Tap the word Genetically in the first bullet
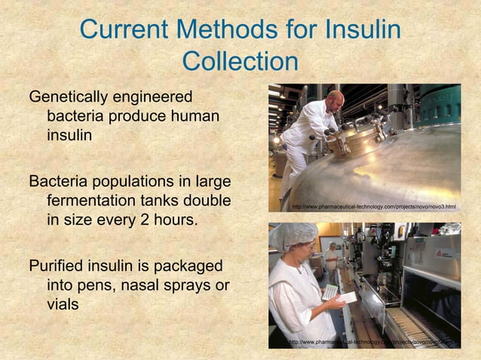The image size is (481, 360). click(68, 98)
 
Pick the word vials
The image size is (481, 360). click(65, 307)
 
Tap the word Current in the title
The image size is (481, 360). click(125, 30)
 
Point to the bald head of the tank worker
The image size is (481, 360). click(335, 97)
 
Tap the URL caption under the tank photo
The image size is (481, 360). click(373, 206)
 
